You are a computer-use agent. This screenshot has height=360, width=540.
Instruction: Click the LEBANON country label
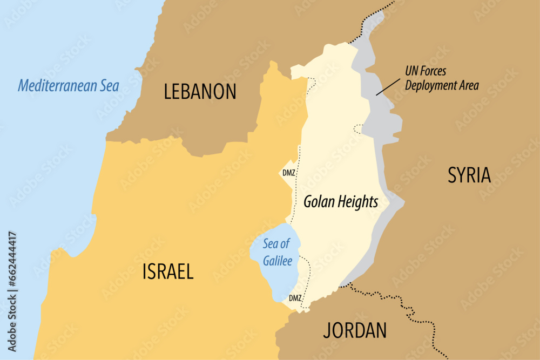200,92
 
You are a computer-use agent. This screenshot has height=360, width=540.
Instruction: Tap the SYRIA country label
469,175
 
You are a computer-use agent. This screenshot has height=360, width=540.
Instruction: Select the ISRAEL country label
167,271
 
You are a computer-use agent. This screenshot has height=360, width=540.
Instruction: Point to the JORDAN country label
355,330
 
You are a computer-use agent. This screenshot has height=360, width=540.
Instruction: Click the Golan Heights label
340,202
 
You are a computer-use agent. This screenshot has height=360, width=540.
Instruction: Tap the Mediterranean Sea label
69,85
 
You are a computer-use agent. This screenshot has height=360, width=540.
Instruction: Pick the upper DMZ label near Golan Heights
288,173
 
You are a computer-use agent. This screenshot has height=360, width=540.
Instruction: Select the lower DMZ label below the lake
295,298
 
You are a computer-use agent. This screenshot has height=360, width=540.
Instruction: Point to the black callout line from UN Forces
388,87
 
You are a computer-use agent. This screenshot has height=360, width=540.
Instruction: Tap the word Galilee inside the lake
278,261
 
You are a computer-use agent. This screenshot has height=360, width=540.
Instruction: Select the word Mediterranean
50,85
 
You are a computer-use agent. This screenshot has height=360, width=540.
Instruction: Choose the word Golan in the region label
319,202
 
